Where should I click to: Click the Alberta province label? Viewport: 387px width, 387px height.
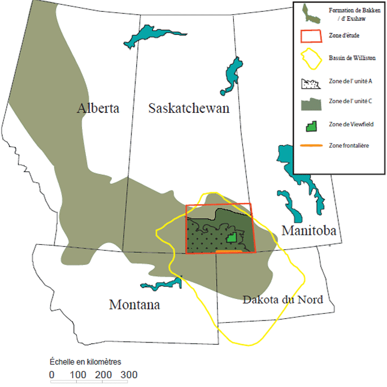pos(99,108)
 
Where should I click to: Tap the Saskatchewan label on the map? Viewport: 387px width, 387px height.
pos(189,108)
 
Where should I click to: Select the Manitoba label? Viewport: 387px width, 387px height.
pos(308,230)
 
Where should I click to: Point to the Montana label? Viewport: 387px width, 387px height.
pos(134,305)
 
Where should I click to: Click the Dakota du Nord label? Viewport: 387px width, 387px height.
pos(282,300)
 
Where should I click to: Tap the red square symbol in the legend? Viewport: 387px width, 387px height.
pos(310,36)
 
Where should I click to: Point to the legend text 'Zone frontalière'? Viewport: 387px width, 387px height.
pos(349,146)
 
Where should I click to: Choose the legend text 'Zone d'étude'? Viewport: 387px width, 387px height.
pos(343,36)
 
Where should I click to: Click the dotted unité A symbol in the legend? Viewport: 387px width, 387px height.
pos(310,83)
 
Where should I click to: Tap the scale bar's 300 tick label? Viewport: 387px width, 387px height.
pos(128,375)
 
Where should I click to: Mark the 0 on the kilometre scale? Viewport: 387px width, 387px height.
pos(52,375)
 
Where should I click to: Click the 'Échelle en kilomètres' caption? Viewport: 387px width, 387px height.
pos(86,362)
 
